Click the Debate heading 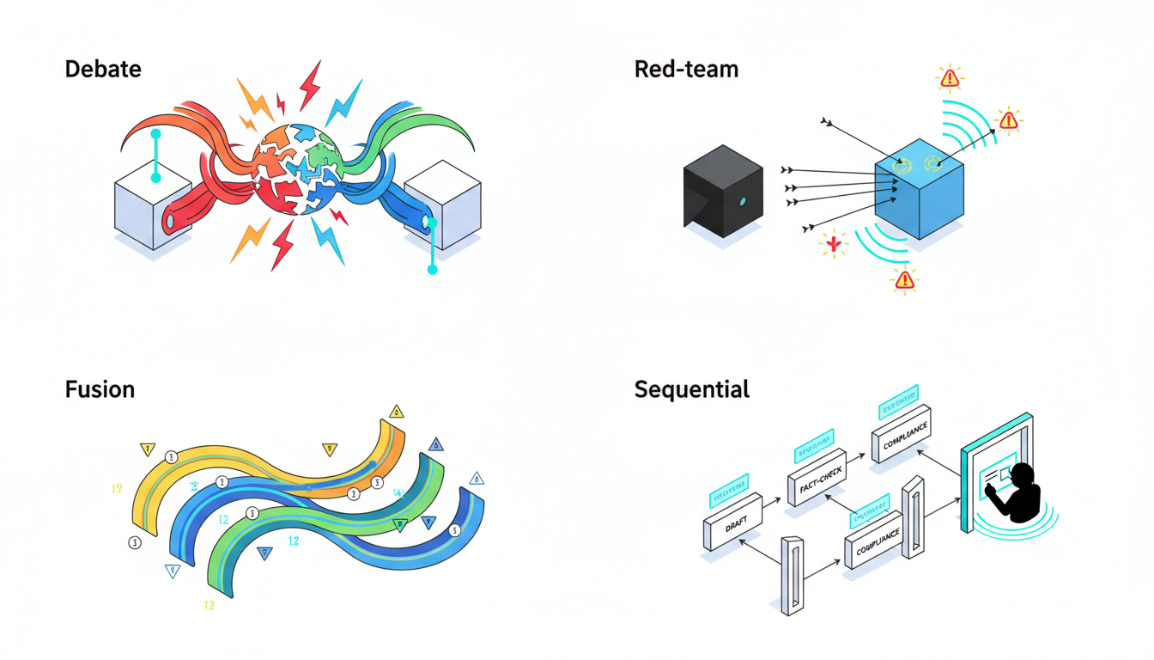[x=103, y=70]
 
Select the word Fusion [x=100, y=389]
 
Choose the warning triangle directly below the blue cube [x=903, y=279]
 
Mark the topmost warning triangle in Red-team [x=949, y=78]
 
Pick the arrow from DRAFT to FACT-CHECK [x=774, y=498]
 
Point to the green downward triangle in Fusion [x=399, y=525]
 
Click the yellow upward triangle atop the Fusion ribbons [x=396, y=412]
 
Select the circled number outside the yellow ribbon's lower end [x=134, y=542]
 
